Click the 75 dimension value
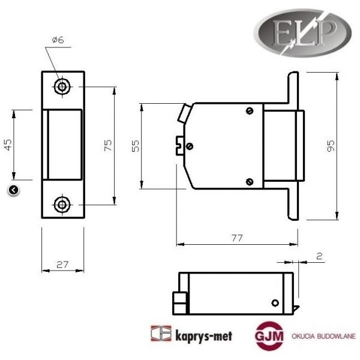[108, 145]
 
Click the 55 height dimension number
[135, 146]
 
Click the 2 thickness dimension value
[319, 256]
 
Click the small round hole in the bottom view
[274, 302]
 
